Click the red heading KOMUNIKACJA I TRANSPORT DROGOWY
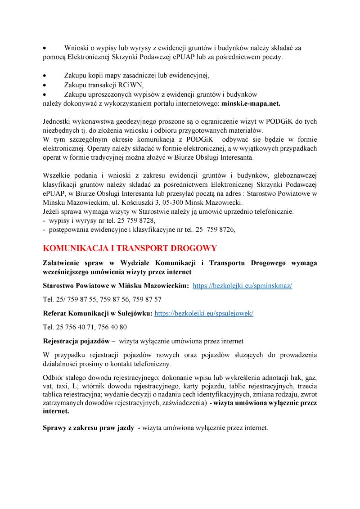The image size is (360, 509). (x=130, y=248)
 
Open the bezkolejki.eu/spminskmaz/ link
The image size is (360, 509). (x=242, y=286)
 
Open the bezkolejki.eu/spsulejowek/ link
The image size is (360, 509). (x=203, y=313)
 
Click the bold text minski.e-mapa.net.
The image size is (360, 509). (x=251, y=104)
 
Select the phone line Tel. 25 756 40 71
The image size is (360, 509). (x=85, y=327)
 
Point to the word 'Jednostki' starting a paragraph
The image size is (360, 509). (x=57, y=122)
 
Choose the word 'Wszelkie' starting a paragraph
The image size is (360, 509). (x=56, y=175)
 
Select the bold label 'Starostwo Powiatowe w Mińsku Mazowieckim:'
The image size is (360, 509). (x=116, y=286)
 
